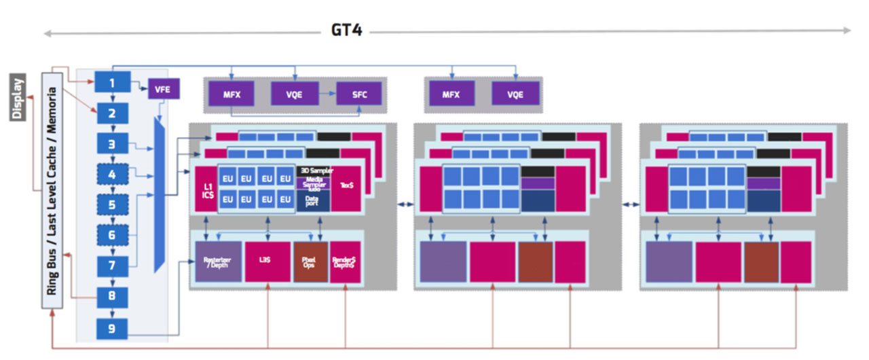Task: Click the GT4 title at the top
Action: pyautogui.click(x=346, y=30)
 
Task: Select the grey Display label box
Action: pyautogui.click(x=18, y=96)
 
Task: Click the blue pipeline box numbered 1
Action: pyautogui.click(x=112, y=83)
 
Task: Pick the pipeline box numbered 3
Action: pyautogui.click(x=112, y=143)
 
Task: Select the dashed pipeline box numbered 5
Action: pyautogui.click(x=112, y=204)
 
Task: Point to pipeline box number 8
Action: pyautogui.click(x=112, y=296)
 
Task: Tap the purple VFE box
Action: pyautogui.click(x=162, y=88)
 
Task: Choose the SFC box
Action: pyautogui.click(x=359, y=94)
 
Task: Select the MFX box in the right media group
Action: pyautogui.click(x=451, y=94)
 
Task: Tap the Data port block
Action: pyautogui.click(x=313, y=200)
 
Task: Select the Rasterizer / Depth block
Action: pyautogui.click(x=218, y=262)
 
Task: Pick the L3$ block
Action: pyautogui.click(x=267, y=262)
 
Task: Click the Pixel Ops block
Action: pyautogui.click(x=310, y=262)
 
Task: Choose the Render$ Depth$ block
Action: pyautogui.click(x=345, y=262)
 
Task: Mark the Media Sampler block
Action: pyautogui.click(x=313, y=183)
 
